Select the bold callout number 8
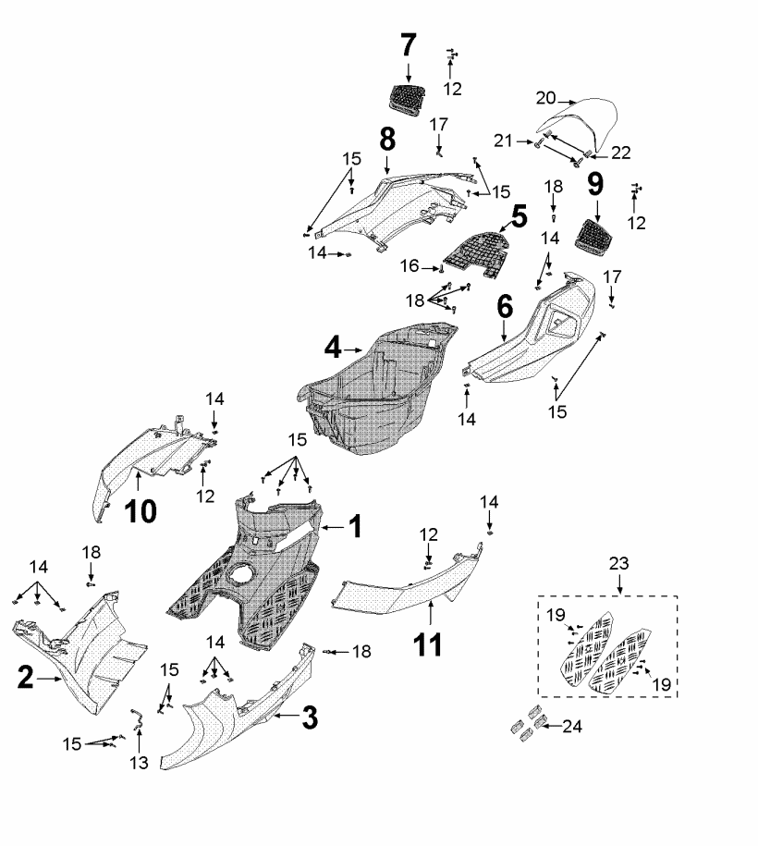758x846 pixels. pyautogui.click(x=386, y=140)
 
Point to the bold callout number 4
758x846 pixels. pyautogui.click(x=334, y=349)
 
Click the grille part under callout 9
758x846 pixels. pyautogui.click(x=593, y=233)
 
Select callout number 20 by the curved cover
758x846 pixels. pyautogui.click(x=545, y=99)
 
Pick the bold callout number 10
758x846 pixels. pyautogui.click(x=136, y=509)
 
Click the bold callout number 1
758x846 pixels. pyautogui.click(x=355, y=528)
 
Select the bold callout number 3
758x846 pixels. pyautogui.click(x=310, y=715)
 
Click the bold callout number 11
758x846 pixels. pyautogui.click(x=427, y=644)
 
